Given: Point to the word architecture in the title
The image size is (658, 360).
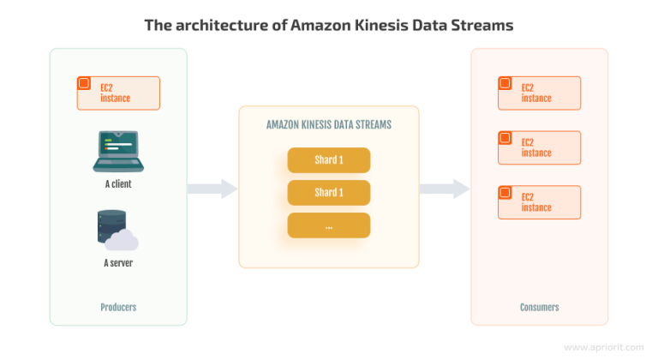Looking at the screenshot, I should pos(222,26).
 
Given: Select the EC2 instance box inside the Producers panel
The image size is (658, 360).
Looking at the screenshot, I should pos(118,93).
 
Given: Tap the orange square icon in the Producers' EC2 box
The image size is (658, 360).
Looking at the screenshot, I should pos(84,84).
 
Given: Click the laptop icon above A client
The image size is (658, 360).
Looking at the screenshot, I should pos(118,152).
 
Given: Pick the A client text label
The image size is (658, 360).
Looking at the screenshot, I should pos(118,184).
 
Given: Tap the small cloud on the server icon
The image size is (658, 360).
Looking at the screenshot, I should pos(127,240).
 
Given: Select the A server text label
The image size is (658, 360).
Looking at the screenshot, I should pos(118,262).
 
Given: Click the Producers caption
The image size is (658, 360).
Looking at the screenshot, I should pos(118,307).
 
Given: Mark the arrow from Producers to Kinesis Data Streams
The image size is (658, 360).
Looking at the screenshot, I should pos(212,189).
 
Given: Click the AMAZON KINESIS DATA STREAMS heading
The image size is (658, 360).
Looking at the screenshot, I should pos(329,125).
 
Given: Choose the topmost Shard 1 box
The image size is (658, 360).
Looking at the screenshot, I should pos(329,160).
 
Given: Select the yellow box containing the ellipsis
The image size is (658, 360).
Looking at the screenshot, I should pos(329,225).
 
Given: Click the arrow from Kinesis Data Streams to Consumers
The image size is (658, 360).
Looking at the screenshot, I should pos(445,189).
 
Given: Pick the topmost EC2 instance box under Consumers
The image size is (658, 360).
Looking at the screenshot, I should pos(540,93).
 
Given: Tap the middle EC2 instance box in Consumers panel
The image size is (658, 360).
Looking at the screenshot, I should pos(540,147).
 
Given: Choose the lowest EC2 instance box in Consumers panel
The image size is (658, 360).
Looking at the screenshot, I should pos(540,202).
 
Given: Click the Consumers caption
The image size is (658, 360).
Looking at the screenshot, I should pos(540,307).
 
